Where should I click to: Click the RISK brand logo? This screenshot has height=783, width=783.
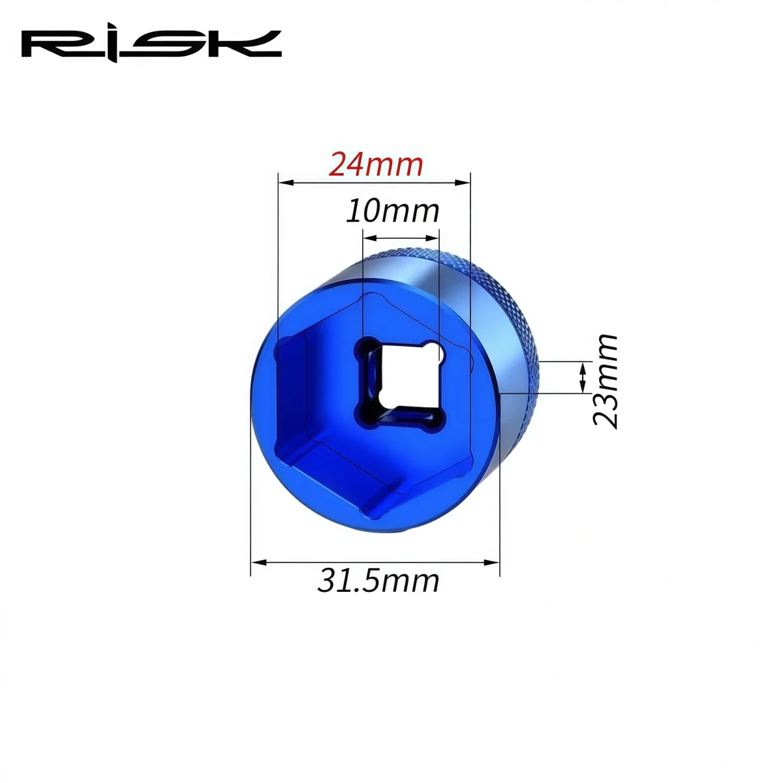151,46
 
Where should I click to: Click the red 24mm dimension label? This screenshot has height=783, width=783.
376,164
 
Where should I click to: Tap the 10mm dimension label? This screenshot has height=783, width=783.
393,211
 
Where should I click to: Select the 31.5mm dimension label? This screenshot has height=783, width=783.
378,581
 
